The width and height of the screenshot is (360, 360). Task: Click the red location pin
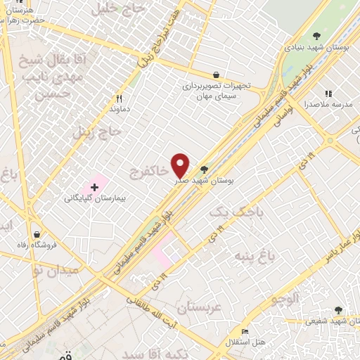[180, 165]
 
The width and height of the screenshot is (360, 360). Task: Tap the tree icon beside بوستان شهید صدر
[204, 169]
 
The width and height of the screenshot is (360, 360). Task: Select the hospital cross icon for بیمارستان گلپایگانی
[94, 187]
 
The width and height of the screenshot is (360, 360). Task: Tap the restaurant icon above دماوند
[119, 99]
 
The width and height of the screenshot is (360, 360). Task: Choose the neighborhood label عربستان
[199, 308]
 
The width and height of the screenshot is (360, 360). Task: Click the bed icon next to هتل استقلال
[244, 331]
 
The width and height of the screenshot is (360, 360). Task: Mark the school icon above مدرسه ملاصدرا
[328, 93]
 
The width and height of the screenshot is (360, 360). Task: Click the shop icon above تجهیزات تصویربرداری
[216, 75]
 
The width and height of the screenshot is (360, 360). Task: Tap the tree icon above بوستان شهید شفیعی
[338, 310]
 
